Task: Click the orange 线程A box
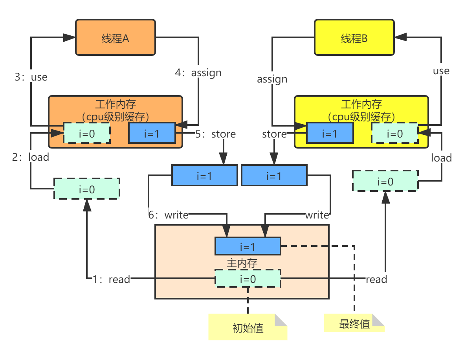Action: tap(116, 38)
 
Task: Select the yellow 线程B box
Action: tap(354, 38)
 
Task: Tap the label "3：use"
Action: tap(31, 77)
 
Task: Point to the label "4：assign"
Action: tap(198, 73)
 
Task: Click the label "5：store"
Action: tap(216, 134)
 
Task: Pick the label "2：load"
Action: tap(31, 157)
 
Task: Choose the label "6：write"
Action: tap(168, 215)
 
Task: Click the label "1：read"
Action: tap(111, 279)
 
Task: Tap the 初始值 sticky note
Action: tap(248, 327)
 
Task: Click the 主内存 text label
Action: tap(242, 263)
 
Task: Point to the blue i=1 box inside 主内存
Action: tap(248, 246)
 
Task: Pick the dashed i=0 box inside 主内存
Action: tap(248, 279)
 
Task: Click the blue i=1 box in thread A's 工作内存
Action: tap(152, 133)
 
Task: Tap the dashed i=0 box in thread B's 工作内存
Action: tap(394, 133)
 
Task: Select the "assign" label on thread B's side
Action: tap(272, 79)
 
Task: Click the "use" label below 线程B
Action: tap(441, 71)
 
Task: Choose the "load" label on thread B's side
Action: tap(441, 158)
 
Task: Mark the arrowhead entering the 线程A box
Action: tap(70, 37)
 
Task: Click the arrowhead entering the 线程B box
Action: tap(400, 37)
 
